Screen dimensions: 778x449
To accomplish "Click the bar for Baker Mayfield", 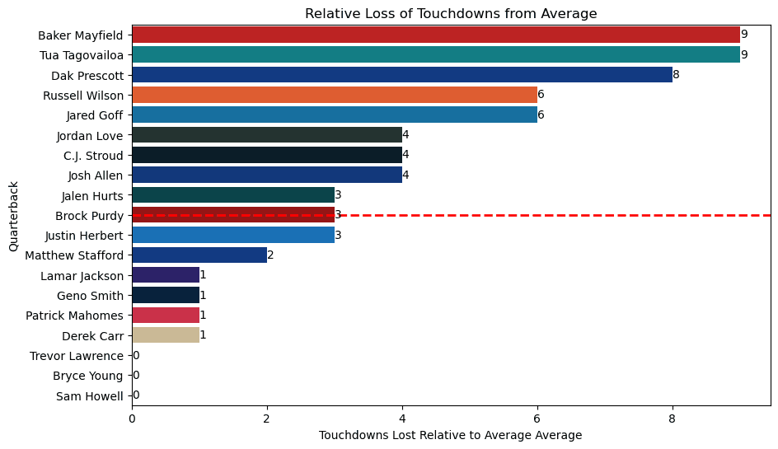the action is [436, 35].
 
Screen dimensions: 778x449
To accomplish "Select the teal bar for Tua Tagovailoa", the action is [436, 55].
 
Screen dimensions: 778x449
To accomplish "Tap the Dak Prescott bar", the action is [402, 75].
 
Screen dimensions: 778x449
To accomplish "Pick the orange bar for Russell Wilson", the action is [335, 95].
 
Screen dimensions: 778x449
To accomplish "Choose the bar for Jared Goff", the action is [335, 115].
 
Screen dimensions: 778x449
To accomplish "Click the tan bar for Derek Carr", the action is [166, 334].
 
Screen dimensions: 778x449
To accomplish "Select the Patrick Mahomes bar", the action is [166, 315].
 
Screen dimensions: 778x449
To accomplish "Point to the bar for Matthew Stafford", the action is [199, 255].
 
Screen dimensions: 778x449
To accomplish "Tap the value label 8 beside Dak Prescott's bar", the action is [676, 75].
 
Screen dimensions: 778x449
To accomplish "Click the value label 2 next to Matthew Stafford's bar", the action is [270, 255].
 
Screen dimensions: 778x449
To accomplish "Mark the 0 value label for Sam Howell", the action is [136, 395].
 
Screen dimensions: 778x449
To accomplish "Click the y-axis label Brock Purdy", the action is [89, 216].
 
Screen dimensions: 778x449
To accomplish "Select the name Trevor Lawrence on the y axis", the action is [77, 356].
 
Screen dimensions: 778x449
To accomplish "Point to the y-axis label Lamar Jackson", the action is [82, 276].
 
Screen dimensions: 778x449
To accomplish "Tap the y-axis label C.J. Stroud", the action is [93, 156].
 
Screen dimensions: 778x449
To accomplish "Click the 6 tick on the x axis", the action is [537, 419].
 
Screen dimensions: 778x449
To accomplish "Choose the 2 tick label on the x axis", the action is [267, 419].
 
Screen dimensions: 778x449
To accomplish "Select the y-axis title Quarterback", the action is [13, 217].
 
